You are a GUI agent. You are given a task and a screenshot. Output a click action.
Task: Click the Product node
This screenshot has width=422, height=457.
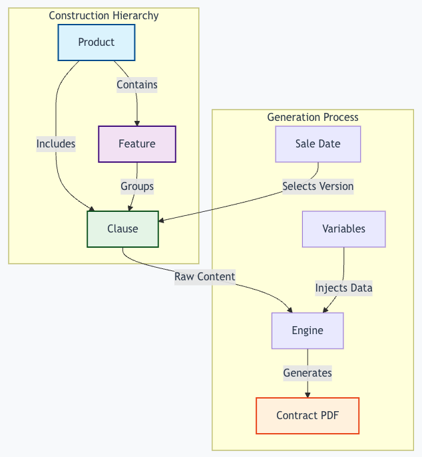pos(97,43)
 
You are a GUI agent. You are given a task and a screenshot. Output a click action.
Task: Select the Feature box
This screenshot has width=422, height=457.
pos(137,144)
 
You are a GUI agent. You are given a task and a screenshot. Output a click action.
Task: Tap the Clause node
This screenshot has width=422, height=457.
pos(123,228)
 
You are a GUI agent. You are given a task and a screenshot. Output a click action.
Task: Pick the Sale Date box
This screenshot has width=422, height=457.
pos(318,144)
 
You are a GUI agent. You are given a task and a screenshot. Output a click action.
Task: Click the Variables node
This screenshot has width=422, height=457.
pos(343,228)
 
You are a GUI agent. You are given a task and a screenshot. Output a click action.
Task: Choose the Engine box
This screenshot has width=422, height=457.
pos(308,330)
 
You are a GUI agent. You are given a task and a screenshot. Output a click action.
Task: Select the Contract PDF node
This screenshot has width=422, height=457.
pos(308,416)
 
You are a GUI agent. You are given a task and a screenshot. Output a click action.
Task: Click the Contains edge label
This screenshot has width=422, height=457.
pos(137,84)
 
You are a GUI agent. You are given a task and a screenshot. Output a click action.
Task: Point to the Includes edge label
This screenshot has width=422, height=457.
pos(56,143)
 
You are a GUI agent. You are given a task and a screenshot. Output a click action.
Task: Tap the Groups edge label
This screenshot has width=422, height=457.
pos(137,186)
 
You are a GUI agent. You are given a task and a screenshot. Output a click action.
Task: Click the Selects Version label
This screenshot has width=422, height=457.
pos(317,186)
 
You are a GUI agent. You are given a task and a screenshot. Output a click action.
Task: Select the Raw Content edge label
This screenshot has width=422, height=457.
pos(205,276)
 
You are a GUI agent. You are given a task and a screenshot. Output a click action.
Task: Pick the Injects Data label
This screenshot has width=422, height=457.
pos(343,288)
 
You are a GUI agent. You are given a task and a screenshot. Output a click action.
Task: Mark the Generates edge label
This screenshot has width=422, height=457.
pos(308,373)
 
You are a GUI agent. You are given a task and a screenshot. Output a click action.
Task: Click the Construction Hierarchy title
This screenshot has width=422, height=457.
pos(104,15)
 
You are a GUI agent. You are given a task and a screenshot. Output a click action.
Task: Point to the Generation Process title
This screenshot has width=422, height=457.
pos(313,117)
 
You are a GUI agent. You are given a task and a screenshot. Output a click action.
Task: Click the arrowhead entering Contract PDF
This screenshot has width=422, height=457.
pos(308,395)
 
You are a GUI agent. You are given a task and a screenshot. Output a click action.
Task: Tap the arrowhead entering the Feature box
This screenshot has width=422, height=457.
pos(137,123)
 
